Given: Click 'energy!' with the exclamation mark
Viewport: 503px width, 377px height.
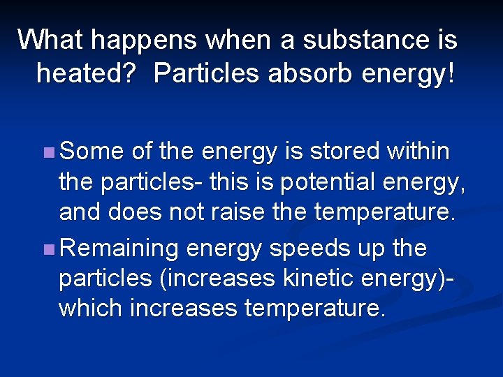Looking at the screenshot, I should (x=408, y=73).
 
